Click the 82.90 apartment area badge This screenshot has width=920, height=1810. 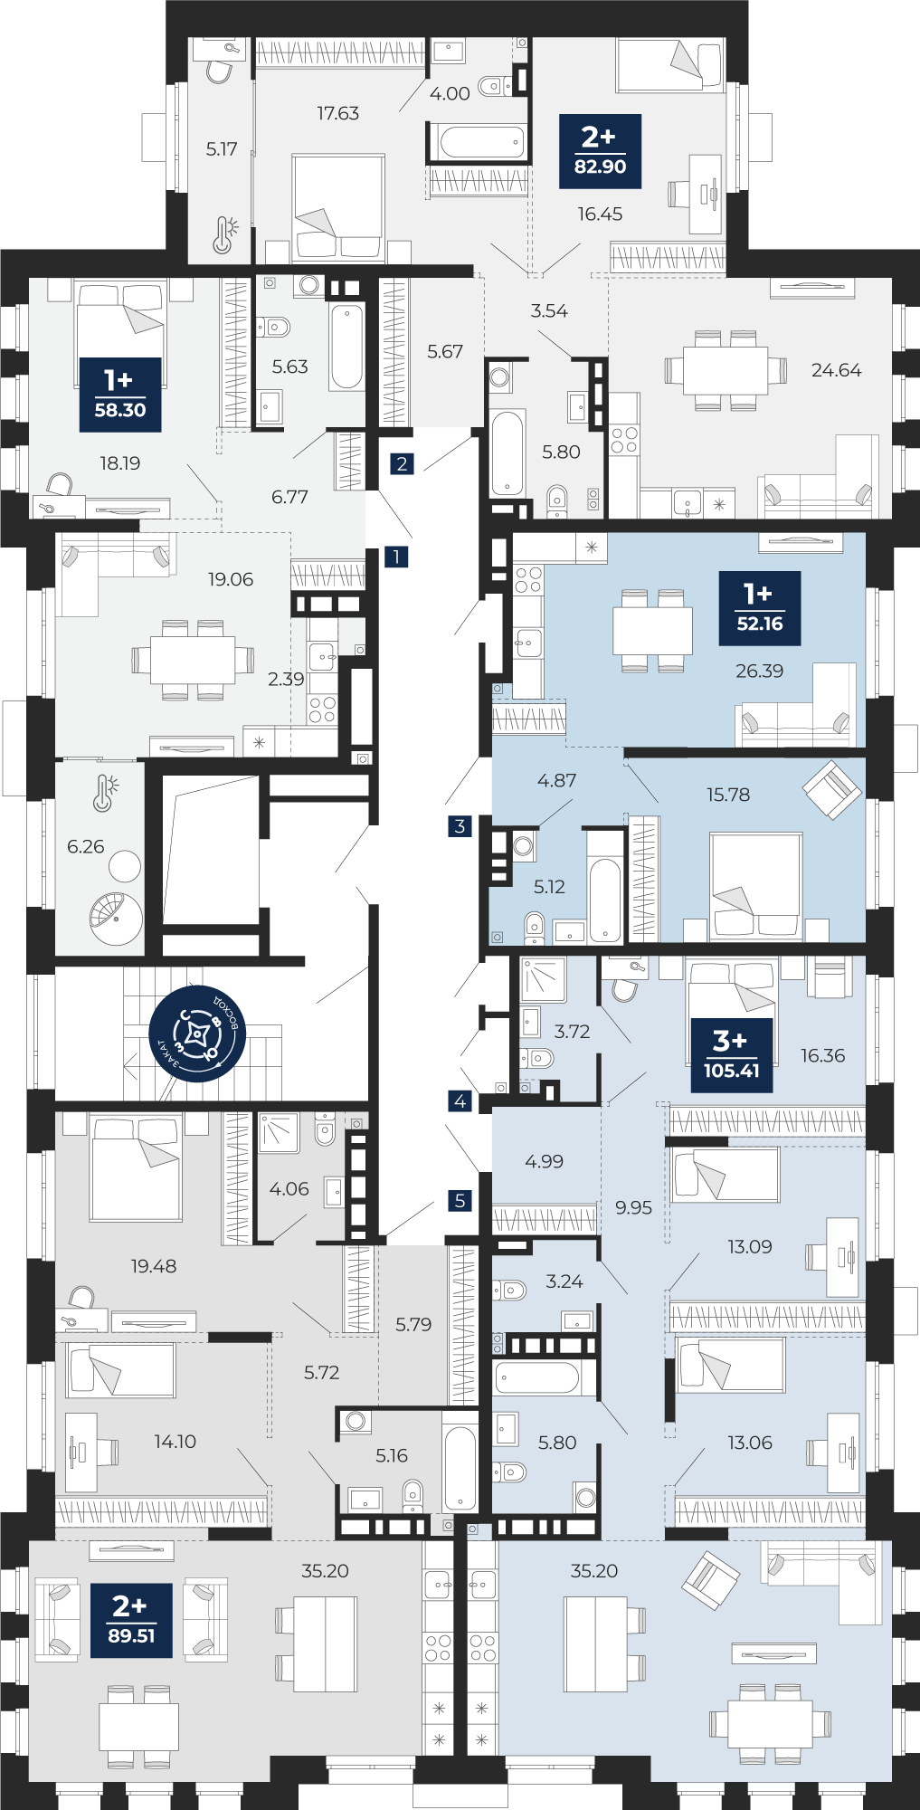pyautogui.click(x=600, y=151)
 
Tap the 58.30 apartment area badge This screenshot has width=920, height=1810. pyautogui.click(x=119, y=395)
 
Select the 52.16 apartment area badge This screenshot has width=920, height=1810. pyautogui.click(x=760, y=608)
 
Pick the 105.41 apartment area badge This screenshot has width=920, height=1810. pyautogui.click(x=731, y=1055)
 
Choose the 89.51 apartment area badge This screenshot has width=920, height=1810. pyautogui.click(x=131, y=1620)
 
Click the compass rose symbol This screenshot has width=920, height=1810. pyautogui.click(x=197, y=1034)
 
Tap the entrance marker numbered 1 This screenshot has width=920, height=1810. pyautogui.click(x=396, y=557)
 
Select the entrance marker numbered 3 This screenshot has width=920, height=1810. pyautogui.click(x=460, y=825)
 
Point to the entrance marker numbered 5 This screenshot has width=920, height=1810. pyautogui.click(x=460, y=1201)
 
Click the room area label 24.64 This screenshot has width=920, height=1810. pyautogui.click(x=836, y=369)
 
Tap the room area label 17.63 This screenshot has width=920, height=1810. pyautogui.click(x=337, y=113)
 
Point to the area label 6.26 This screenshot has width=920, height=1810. pyautogui.click(x=86, y=846)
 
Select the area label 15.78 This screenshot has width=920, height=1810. pyautogui.click(x=728, y=795)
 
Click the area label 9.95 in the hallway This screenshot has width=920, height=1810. pyautogui.click(x=633, y=1207)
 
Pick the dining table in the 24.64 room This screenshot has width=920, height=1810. pyautogui.click(x=726, y=370)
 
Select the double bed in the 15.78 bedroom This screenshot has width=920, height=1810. pyautogui.click(x=755, y=885)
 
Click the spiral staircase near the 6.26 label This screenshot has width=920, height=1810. pyautogui.click(x=116, y=919)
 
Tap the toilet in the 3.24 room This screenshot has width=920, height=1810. pyautogui.click(x=509, y=1290)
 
